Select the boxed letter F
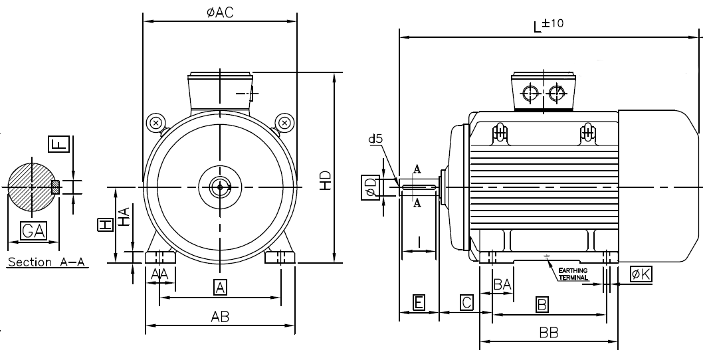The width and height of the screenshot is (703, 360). (x=58, y=143)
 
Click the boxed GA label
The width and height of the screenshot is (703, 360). (x=33, y=230)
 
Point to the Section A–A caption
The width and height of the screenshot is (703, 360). (x=47, y=262)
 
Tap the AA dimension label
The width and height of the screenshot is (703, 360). (x=159, y=274)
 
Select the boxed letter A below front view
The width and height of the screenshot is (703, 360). (x=220, y=287)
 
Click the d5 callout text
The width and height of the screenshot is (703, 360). (x=376, y=140)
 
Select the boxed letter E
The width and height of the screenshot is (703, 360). (x=419, y=303)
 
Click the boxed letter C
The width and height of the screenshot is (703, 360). (x=467, y=303)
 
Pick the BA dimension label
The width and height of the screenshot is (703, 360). (x=502, y=284)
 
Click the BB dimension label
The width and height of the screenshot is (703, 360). (x=548, y=332)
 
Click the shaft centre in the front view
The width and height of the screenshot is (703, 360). (x=219, y=187)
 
